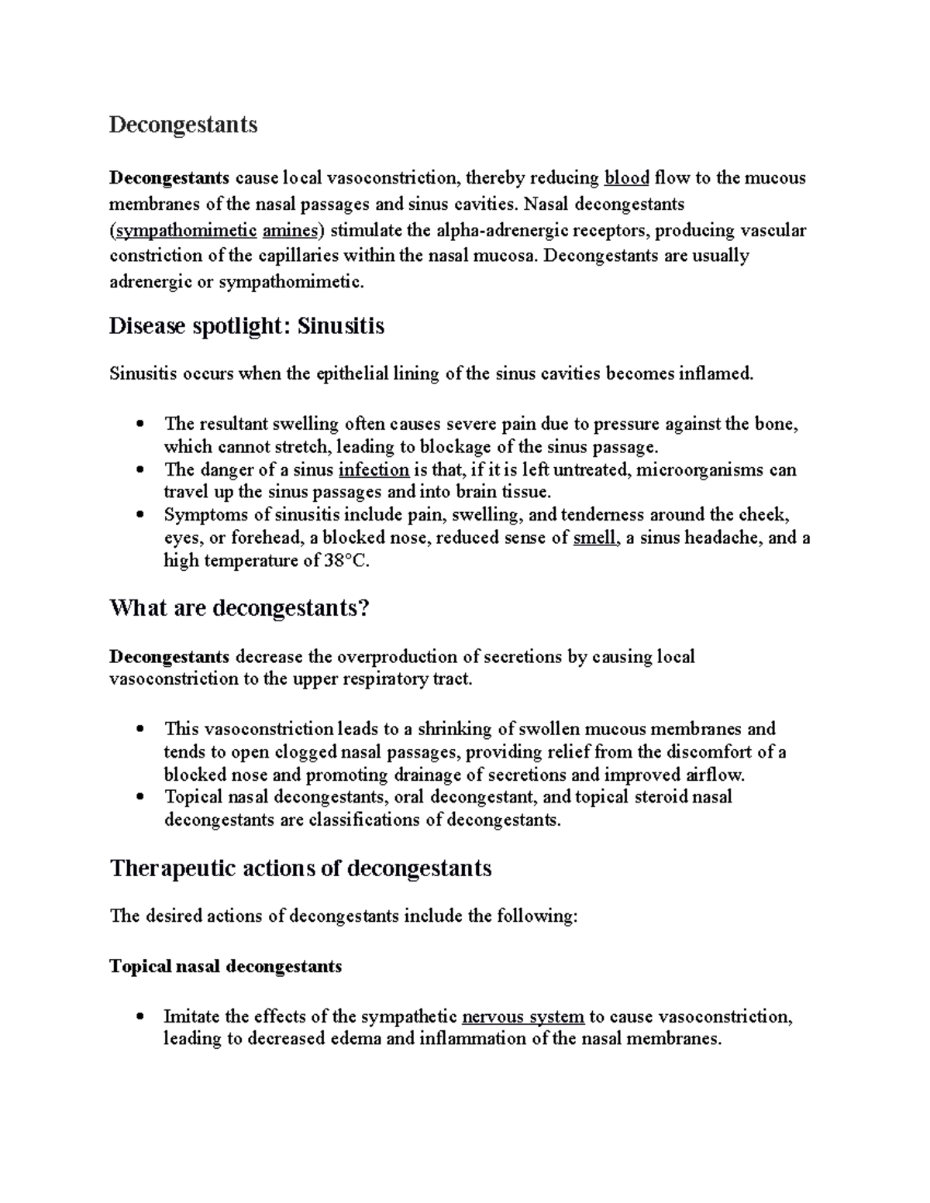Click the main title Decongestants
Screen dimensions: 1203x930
pos(183,125)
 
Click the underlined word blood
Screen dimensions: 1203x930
pos(626,178)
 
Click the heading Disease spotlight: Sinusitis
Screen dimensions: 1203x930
pos(246,326)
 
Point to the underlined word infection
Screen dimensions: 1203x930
pos(374,469)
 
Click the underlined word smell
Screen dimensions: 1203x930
pos(595,538)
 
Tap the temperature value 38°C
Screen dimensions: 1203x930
pos(344,561)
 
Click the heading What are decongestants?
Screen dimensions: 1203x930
pos(239,608)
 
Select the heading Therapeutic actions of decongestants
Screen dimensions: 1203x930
pos(301,868)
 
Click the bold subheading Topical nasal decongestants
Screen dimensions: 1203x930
pos(226,966)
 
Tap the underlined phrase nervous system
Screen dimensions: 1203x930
pos(522,1016)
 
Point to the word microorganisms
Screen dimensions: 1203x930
pos(698,469)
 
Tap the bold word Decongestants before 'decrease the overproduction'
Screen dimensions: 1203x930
pos(169,657)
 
